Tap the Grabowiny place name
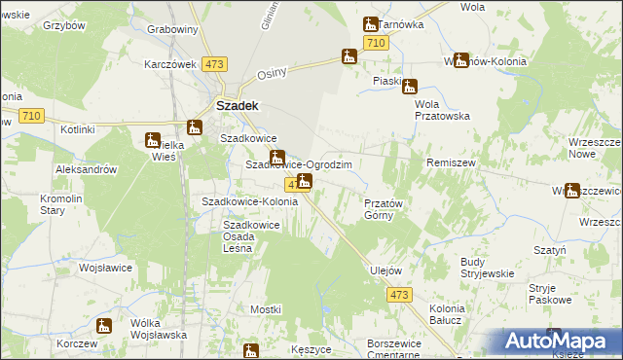172,29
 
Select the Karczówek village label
170,64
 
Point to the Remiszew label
451,164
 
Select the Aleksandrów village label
87,168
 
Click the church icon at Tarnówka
371,24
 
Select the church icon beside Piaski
410,86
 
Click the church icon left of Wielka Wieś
153,140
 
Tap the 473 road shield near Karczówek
215,64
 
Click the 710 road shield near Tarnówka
377,43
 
